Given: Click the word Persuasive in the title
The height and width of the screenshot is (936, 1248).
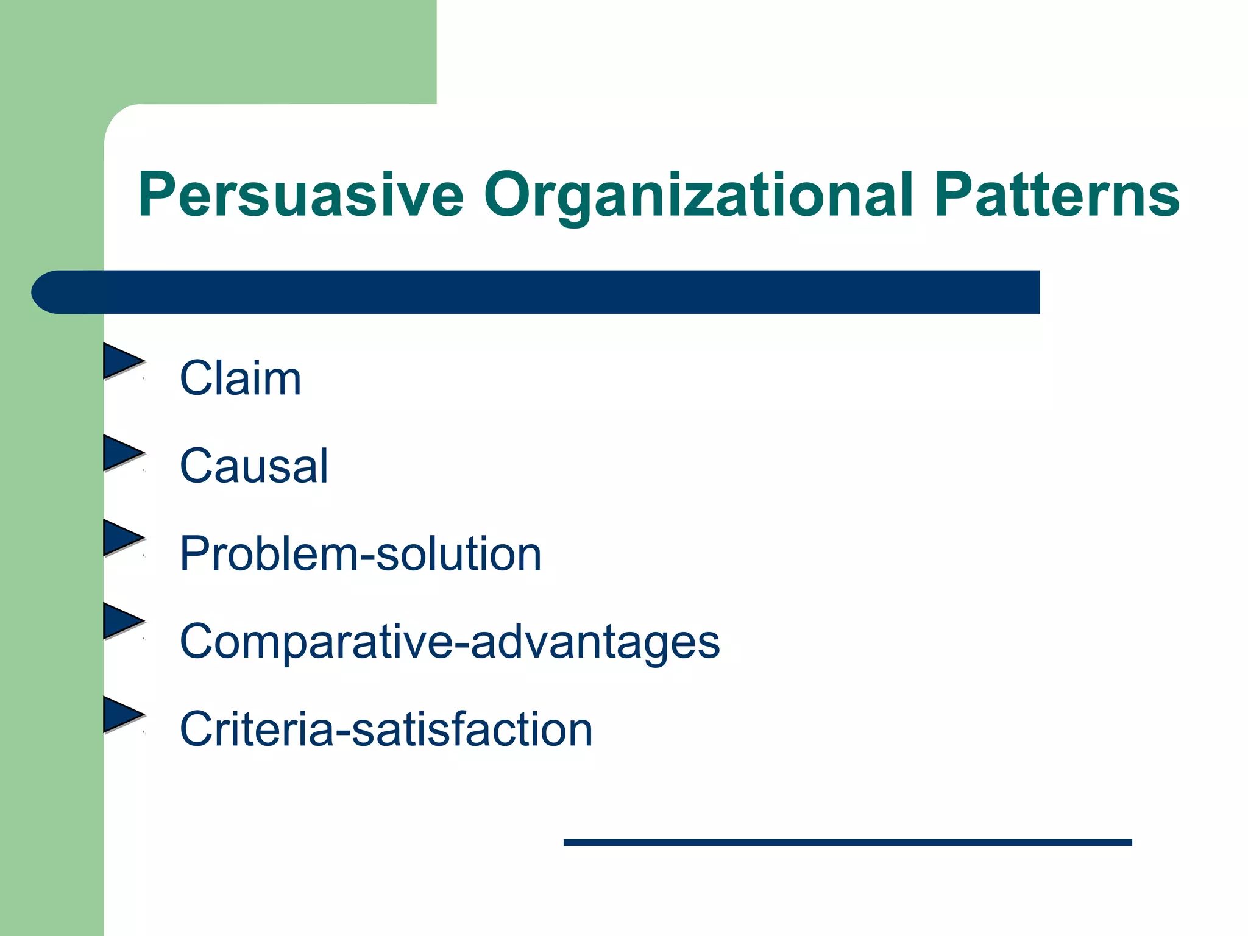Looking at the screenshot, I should (300, 195).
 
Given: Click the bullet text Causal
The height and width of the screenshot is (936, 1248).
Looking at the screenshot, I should (253, 467).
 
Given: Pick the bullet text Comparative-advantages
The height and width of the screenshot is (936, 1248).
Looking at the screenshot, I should (449, 642).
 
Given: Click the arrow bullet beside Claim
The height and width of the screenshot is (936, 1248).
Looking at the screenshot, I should (122, 361).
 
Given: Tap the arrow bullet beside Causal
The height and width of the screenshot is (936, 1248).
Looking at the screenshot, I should (122, 453).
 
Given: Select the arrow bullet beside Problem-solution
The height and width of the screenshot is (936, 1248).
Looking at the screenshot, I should (122, 537).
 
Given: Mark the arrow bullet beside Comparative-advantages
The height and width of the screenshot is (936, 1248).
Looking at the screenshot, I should (122, 621).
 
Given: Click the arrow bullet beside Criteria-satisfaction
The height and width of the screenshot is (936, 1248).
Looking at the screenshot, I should (122, 714).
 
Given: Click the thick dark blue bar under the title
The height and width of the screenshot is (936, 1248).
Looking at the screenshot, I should (548, 292).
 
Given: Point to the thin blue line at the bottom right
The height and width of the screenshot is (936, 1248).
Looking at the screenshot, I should (847, 842).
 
